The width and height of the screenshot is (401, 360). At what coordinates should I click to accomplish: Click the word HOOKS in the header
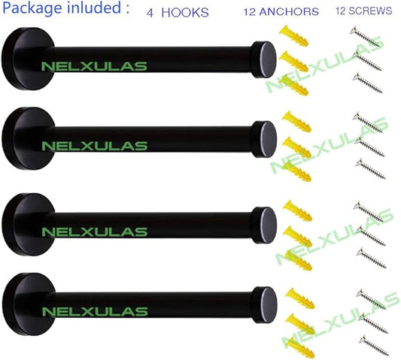(x=185, y=13)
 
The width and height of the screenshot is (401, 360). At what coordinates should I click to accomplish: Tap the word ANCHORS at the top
(x=289, y=12)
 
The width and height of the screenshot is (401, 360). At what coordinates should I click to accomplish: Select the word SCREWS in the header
(x=370, y=11)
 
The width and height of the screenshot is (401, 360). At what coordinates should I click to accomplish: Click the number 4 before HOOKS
(x=150, y=13)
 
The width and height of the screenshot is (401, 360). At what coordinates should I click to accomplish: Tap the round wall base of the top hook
(x=28, y=59)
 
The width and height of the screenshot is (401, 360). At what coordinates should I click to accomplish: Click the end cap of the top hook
(x=264, y=59)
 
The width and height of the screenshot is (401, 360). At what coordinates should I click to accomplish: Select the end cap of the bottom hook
(x=264, y=305)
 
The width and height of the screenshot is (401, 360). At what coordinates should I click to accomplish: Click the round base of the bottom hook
(x=29, y=304)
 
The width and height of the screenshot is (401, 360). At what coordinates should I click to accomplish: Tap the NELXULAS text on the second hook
(x=94, y=146)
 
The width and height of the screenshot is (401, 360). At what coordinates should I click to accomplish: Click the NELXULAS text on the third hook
(x=94, y=232)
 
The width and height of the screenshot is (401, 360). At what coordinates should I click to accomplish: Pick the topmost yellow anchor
(x=293, y=36)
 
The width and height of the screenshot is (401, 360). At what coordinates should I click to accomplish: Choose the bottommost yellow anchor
(x=300, y=348)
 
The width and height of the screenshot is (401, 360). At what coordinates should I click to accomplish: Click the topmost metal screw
(x=365, y=37)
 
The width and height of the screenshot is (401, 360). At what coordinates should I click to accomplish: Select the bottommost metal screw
(x=374, y=346)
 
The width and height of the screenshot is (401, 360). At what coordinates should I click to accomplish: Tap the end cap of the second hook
(x=264, y=140)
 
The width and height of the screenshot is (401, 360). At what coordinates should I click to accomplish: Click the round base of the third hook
(x=28, y=225)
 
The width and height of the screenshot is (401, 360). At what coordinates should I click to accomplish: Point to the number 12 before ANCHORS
(x=250, y=12)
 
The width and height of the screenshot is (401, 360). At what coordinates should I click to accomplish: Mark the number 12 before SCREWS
(x=341, y=11)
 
